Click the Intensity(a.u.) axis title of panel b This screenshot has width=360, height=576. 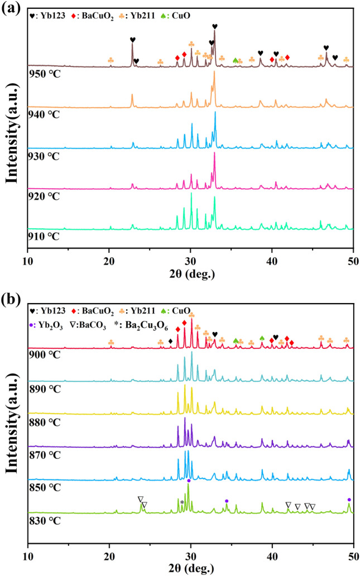pos(13,416)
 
